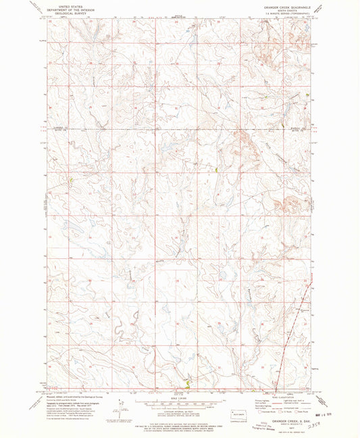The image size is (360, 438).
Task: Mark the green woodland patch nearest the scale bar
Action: (187, 383)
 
